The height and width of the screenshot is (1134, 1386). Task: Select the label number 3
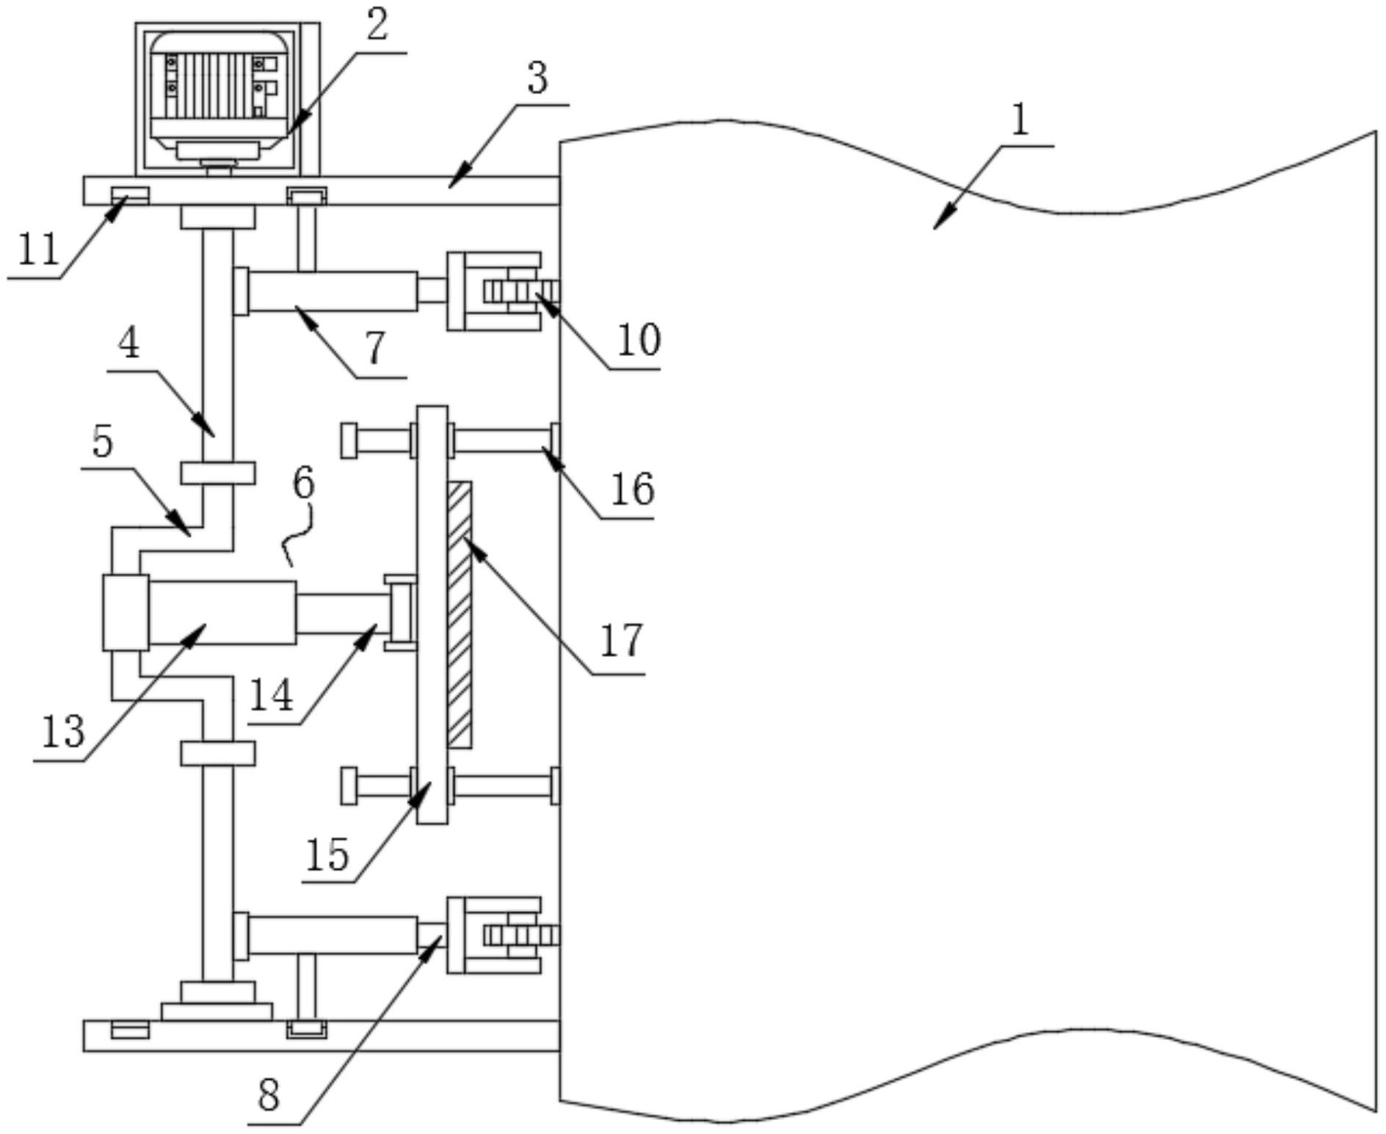(x=537, y=79)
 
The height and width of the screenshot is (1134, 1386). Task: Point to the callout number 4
(x=129, y=344)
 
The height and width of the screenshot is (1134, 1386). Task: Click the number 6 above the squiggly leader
(x=303, y=484)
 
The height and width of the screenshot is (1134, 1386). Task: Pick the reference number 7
(x=375, y=349)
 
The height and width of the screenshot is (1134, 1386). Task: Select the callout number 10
(x=639, y=340)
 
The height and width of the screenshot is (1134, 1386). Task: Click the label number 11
(x=38, y=250)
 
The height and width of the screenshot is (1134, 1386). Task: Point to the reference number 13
(x=63, y=732)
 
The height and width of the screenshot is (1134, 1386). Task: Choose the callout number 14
(x=272, y=695)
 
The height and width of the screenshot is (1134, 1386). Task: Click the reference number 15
(x=327, y=854)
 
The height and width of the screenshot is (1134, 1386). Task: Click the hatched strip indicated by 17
(x=460, y=614)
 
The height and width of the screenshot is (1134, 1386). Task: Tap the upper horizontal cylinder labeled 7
(x=332, y=291)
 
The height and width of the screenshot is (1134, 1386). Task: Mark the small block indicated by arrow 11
(x=130, y=196)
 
